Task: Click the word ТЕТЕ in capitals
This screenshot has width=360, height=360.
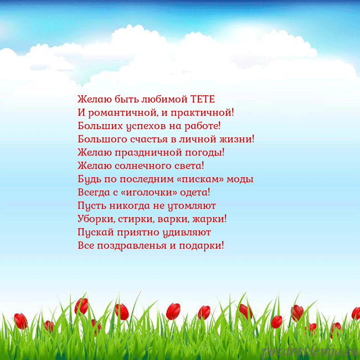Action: pos(206,100)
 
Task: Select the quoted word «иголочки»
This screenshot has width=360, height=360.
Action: pos(151,192)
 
